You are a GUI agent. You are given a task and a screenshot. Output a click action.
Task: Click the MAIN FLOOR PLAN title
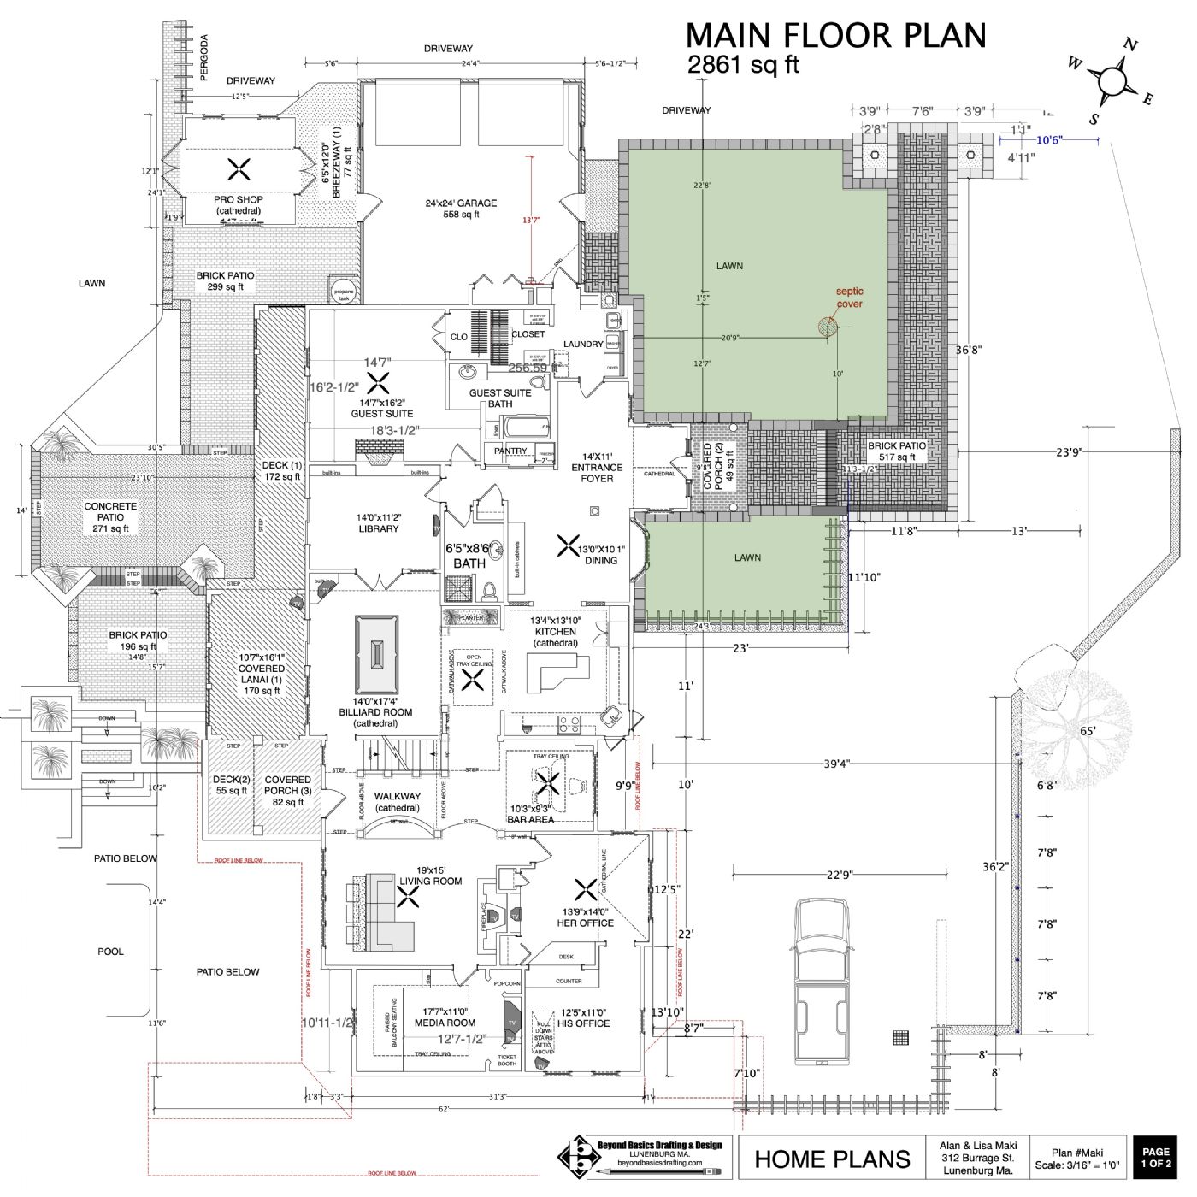pos(835,36)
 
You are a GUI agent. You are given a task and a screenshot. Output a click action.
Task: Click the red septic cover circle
pos(827,327)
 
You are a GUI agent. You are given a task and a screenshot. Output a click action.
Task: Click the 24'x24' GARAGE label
pos(461,209)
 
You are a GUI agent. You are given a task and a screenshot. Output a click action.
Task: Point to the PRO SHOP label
pos(238,205)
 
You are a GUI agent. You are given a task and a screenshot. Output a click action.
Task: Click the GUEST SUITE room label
pos(381,408)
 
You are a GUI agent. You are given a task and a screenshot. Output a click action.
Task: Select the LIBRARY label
pos(378,523)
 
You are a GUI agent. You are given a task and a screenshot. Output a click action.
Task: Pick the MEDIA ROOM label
pos(445,1017)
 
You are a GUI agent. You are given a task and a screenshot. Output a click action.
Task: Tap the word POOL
pos(110,951)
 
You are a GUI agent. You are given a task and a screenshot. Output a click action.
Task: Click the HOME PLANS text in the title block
pos(832,1159)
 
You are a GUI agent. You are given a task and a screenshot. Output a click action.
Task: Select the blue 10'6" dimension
pos(1048,140)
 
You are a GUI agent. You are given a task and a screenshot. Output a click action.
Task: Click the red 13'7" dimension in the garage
pos(532,221)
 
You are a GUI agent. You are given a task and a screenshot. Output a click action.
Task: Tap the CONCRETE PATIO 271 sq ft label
pos(110,517)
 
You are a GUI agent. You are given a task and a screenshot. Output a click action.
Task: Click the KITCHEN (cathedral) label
pos(555,632)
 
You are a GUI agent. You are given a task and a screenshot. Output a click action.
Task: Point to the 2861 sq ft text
pos(743,65)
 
